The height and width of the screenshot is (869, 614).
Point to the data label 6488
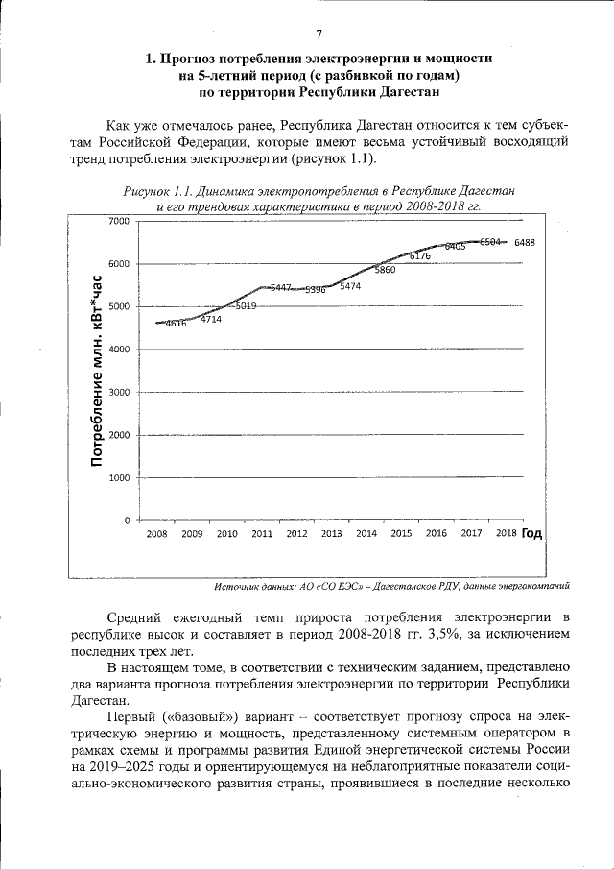(x=524, y=243)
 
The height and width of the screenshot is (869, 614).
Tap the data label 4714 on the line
(x=211, y=319)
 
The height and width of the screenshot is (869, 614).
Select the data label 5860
(x=385, y=271)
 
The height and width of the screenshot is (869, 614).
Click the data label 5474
(x=350, y=286)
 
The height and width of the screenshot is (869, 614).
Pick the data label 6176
(x=420, y=256)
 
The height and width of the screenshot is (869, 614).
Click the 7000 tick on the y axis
(x=119, y=222)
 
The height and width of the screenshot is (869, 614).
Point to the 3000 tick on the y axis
(x=119, y=393)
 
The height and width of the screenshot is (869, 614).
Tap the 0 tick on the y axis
(x=126, y=520)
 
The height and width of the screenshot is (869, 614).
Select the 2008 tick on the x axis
(x=156, y=534)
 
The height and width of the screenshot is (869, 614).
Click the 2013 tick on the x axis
(x=331, y=534)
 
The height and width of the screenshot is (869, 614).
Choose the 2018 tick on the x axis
(x=506, y=534)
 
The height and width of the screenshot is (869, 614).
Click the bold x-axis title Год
(x=532, y=533)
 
